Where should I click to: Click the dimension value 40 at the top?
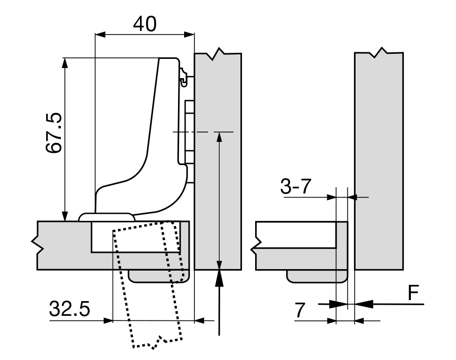click(x=145, y=23)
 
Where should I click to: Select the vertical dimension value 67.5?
click(x=53, y=133)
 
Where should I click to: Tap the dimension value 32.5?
click(x=69, y=308)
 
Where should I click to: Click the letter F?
click(x=414, y=292)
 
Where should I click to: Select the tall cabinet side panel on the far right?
click(x=379, y=162)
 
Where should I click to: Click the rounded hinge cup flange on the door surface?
click(x=107, y=216)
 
